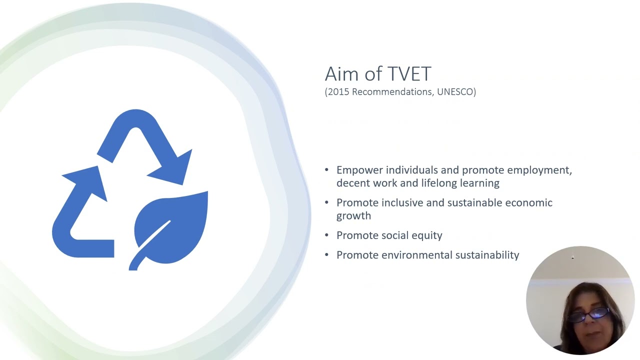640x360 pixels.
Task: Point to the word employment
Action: [x=543, y=170]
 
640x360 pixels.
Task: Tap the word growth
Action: [x=353, y=216]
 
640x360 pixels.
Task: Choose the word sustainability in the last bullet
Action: [x=487, y=255]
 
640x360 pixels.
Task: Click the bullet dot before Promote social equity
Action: [x=326, y=235]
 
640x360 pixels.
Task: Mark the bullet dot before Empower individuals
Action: [x=326, y=170]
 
